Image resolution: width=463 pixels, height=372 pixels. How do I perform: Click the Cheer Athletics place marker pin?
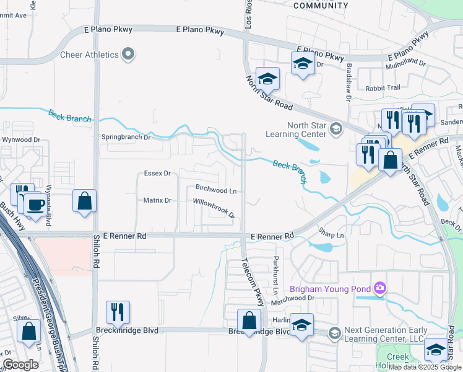point(128,55)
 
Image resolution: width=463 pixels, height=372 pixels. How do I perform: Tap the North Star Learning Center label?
point(296,129)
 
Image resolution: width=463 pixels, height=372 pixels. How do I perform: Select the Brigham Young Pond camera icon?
point(379,288)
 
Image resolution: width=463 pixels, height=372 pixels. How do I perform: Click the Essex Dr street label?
point(157,174)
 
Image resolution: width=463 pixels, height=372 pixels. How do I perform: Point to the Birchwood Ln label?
point(216,191)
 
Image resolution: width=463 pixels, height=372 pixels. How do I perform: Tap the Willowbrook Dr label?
point(214,208)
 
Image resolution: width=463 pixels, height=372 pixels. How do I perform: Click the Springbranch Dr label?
point(126,137)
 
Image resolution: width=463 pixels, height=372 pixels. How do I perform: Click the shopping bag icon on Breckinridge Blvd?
point(249,321)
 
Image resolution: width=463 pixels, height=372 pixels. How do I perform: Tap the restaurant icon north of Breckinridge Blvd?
point(118,312)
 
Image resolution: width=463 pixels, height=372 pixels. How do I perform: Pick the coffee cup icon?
point(35,204)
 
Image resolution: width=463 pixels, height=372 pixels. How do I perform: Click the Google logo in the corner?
point(20,365)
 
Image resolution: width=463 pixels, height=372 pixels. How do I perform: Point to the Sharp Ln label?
point(331,236)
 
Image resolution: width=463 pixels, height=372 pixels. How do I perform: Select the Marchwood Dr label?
point(293,298)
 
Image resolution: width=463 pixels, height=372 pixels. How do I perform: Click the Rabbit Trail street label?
point(383,88)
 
